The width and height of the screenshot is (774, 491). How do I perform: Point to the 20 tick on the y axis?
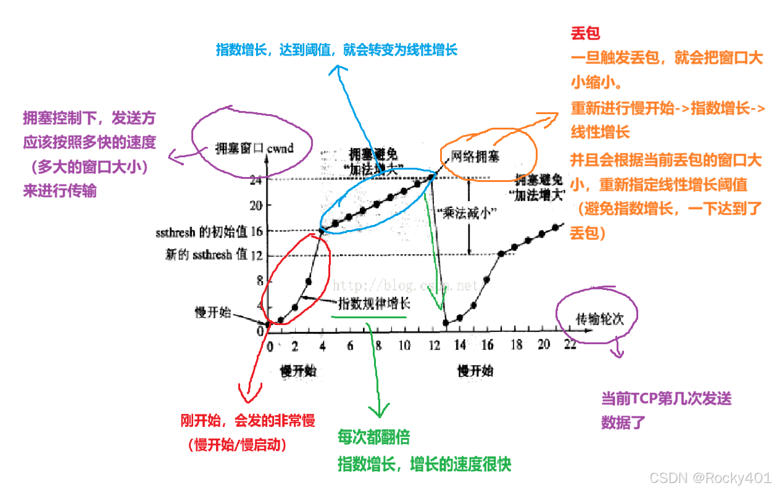click(255, 205)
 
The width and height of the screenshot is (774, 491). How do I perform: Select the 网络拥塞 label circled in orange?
click(475, 157)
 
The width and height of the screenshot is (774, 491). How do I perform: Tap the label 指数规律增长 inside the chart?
click(373, 304)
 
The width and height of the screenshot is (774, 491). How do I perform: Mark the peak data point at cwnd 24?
click(431, 176)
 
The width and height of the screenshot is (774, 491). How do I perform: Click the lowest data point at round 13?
click(446, 322)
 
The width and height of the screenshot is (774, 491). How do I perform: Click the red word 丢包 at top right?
click(585, 33)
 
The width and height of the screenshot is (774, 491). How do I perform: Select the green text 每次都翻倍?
click(373, 437)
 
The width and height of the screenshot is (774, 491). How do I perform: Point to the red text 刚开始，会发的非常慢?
click(248, 421)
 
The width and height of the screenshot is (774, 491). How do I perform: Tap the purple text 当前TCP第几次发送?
click(666, 398)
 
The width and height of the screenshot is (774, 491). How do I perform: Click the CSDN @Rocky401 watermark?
click(709, 477)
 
